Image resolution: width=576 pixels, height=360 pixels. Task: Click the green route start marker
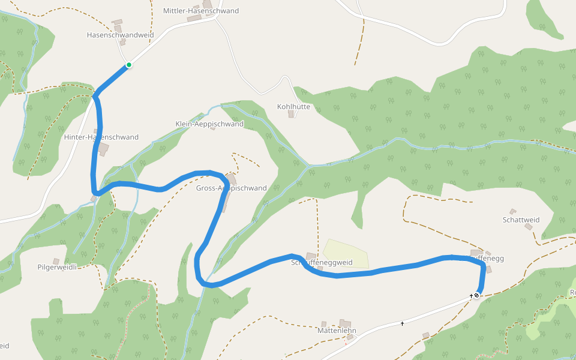128,65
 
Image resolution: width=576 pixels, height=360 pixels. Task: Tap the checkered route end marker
477,295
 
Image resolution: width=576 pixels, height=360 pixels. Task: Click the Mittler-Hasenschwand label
200,11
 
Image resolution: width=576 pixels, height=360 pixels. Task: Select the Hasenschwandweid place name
120,35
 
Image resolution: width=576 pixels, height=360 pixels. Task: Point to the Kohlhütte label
293,107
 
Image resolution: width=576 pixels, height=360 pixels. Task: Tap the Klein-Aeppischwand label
209,124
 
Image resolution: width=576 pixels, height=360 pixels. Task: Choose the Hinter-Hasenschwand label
101,137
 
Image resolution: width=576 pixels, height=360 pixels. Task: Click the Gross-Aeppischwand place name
231,188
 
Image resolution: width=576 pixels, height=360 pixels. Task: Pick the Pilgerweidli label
58,266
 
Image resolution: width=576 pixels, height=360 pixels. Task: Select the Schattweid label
521,220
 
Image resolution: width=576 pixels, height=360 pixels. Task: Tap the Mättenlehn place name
337,331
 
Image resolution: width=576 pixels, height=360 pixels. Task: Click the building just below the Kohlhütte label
292,114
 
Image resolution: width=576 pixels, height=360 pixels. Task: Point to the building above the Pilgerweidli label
56,261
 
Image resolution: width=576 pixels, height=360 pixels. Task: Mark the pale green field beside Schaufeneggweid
346,254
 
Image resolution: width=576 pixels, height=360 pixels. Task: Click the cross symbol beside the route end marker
471,296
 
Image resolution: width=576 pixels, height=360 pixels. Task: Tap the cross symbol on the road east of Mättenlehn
402,324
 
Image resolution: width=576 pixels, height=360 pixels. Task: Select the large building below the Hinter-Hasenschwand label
103,149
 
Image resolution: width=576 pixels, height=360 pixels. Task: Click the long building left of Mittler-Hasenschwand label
194,19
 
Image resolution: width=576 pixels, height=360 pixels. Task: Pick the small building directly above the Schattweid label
512,211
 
